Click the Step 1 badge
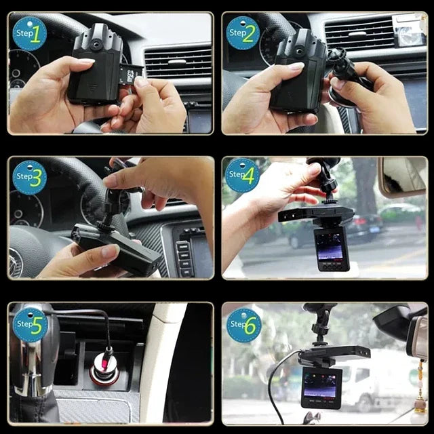(x=29, y=34)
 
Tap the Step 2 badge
(x=243, y=33)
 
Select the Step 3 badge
(x=30, y=178)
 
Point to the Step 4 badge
(x=243, y=176)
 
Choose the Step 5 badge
(x=30, y=325)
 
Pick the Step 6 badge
(x=244, y=325)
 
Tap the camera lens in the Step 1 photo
(x=96, y=43)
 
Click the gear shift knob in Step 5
(x=33, y=349)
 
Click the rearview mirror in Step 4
(x=403, y=176)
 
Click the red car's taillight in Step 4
(x=360, y=221)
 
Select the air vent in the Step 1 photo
(x=178, y=62)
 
